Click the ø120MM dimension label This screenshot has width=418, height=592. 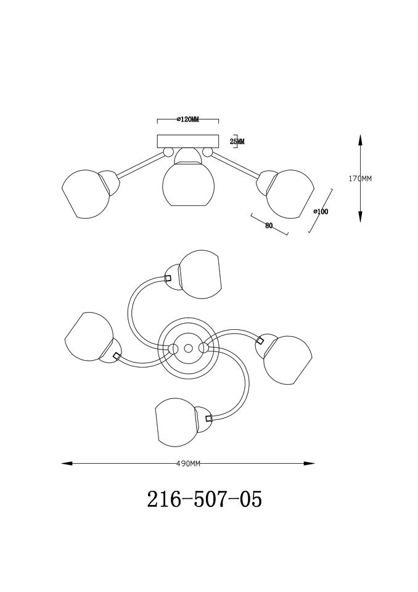187,120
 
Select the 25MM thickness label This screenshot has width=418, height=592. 237,142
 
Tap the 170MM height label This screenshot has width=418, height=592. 360,179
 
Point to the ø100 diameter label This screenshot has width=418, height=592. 321,212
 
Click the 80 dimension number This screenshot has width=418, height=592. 269,226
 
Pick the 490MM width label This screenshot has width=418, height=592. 188,464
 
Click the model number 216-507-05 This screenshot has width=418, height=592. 204,499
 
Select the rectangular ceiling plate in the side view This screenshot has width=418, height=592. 187,141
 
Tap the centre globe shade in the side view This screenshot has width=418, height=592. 189,184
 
